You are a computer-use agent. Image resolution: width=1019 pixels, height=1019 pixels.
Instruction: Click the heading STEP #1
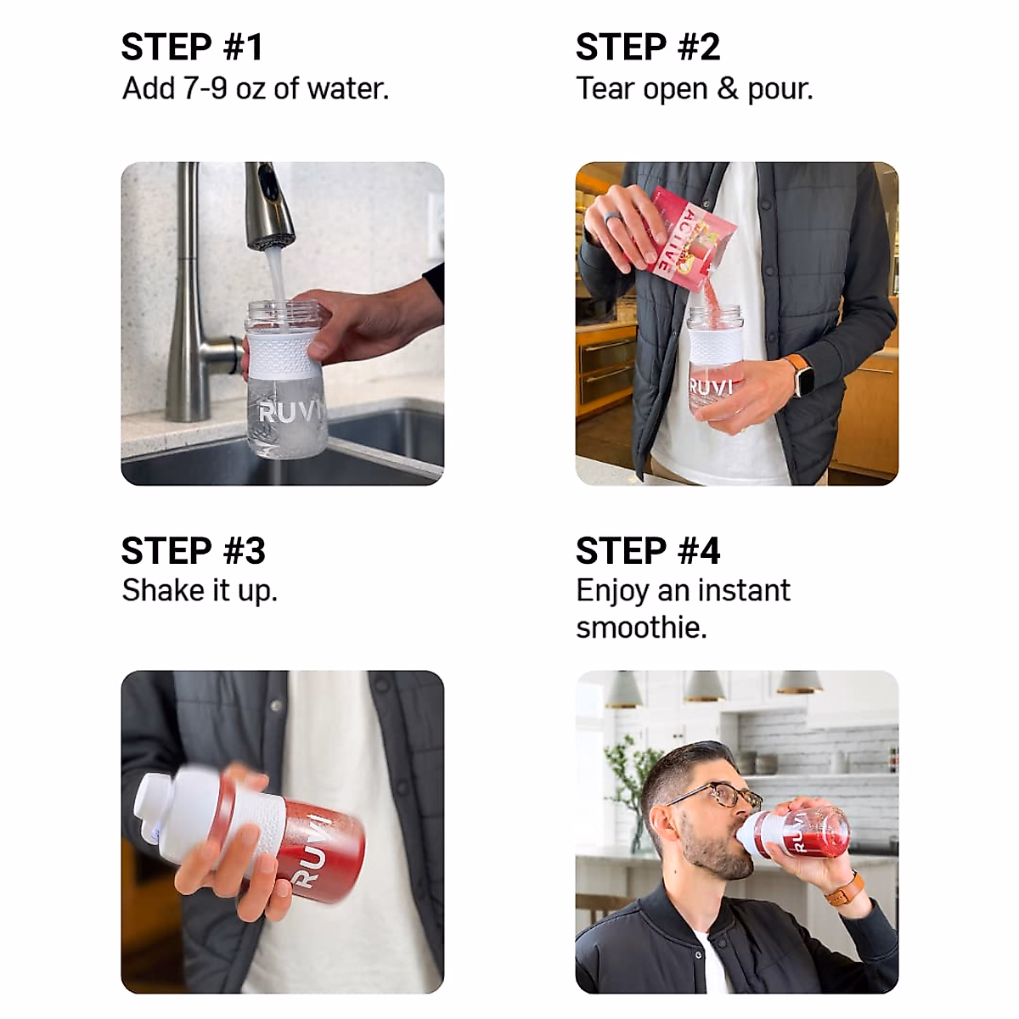click(x=192, y=47)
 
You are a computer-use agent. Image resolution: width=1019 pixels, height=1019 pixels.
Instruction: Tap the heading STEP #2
click(x=648, y=47)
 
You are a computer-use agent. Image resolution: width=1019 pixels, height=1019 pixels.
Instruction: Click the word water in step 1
click(x=348, y=88)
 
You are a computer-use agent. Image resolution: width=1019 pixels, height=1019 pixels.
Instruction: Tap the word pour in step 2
click(x=780, y=90)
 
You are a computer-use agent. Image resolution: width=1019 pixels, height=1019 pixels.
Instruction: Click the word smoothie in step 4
click(x=641, y=628)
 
